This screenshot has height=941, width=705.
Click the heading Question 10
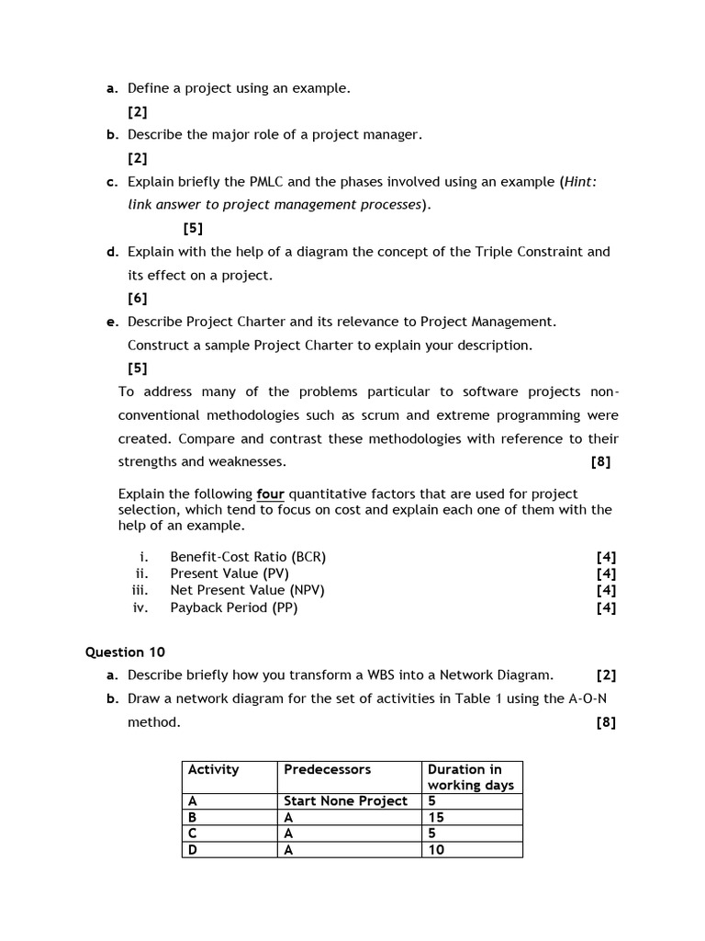(125, 652)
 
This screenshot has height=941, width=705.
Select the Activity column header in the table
(213, 769)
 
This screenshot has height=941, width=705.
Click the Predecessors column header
(327, 769)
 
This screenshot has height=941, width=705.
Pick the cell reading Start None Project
(345, 800)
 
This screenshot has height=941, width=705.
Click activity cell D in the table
(193, 850)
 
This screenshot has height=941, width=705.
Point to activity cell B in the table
(193, 817)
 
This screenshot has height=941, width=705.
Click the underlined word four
(270, 493)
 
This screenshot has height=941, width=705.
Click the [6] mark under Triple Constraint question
(137, 298)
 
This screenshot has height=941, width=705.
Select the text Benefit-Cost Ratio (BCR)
(248, 556)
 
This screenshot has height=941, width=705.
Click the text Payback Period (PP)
(233, 607)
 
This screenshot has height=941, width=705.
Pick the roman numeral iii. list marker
(140, 590)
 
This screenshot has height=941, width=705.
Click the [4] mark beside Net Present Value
(606, 590)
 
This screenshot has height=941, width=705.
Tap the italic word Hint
(580, 181)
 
